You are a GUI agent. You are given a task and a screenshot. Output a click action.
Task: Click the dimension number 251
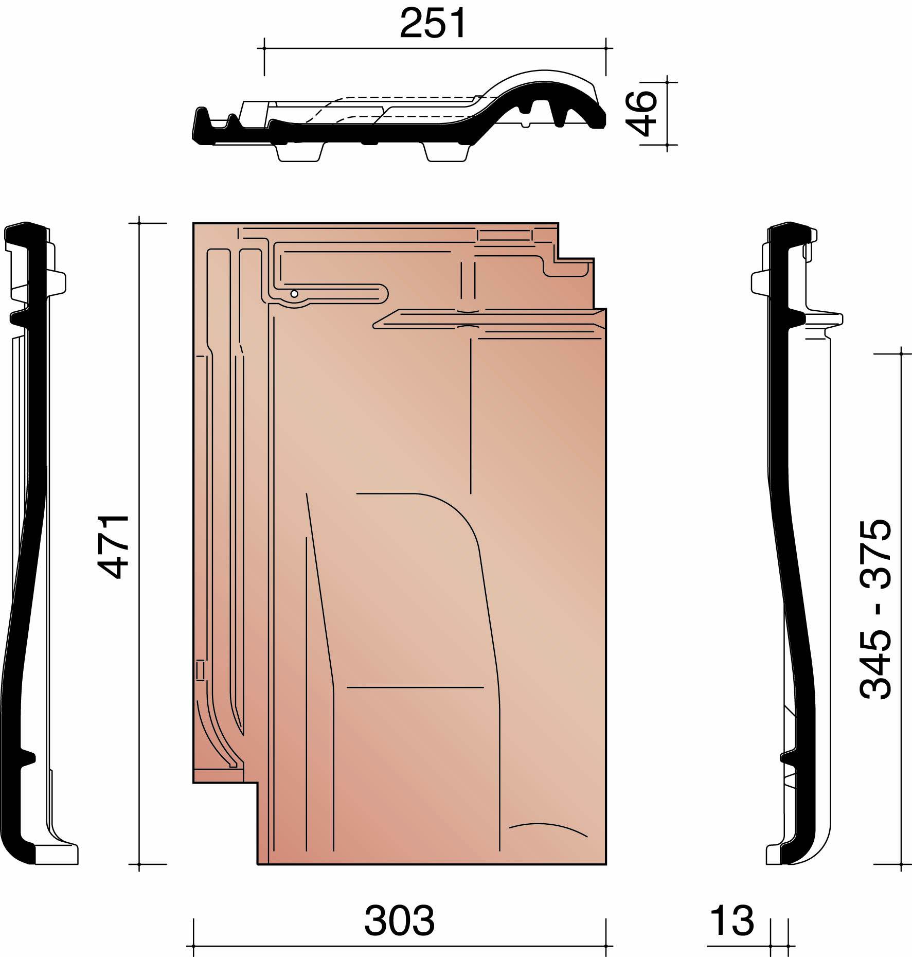pyautogui.click(x=433, y=23)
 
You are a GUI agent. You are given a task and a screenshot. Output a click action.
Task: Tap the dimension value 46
pyautogui.click(x=641, y=113)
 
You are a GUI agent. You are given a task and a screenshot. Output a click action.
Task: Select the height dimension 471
pyautogui.click(x=113, y=546)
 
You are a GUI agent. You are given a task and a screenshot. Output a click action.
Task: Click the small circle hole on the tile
pyautogui.click(x=294, y=294)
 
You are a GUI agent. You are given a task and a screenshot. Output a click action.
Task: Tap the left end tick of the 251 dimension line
pyautogui.click(x=264, y=48)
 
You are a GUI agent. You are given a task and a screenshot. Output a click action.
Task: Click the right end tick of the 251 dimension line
pyautogui.click(x=606, y=48)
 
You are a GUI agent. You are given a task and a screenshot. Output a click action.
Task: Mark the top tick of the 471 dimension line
pyautogui.click(x=139, y=223)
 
